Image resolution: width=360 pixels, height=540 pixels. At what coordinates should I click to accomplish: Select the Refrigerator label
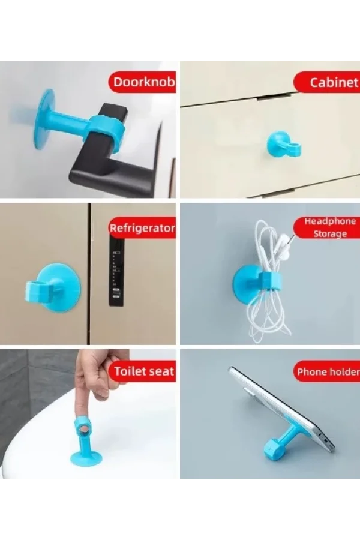142,229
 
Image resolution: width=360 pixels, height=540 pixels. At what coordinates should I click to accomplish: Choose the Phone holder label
328,372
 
